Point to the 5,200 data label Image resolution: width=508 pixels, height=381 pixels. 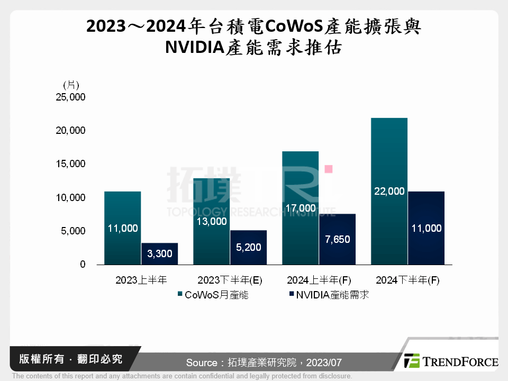coord(248,247)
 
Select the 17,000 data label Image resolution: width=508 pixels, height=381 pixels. coord(300,208)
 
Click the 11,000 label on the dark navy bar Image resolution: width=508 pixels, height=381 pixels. coord(426,228)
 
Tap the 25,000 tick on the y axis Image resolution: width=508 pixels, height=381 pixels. coord(71,97)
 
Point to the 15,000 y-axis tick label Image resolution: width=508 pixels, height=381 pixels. coord(71,164)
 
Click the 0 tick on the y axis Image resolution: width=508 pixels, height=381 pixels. coord(83,264)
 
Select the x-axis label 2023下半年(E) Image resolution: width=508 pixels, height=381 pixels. coord(230,280)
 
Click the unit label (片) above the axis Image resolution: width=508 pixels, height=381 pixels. coord(71,85)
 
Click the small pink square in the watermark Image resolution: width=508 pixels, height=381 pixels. coord(328,169)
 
